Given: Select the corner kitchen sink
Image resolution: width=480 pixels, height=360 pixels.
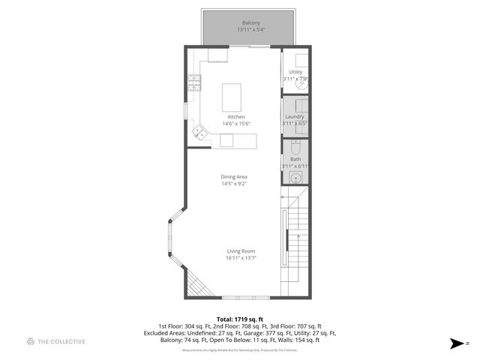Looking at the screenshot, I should coord(200,133).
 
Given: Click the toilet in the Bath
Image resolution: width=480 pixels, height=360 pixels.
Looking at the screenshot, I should coord(296,147).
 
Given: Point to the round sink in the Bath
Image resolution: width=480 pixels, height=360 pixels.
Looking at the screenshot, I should coord(297,178).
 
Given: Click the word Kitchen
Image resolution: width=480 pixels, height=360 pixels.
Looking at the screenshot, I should coord(236,117).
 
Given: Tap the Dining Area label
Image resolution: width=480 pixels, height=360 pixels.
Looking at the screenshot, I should coord(234,177).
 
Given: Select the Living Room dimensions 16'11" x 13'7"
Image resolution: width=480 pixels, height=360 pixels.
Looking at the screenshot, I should coord(241,258).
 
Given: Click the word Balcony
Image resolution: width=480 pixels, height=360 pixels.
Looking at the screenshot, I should coord(250,22).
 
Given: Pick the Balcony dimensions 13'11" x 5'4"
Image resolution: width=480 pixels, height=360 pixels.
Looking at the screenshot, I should coord(250,29).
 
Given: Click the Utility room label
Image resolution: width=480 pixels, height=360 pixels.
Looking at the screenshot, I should coord(295,72).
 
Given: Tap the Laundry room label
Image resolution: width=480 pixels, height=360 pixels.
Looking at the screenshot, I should coord(295,116).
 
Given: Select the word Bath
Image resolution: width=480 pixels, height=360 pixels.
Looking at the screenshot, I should coord(295,159).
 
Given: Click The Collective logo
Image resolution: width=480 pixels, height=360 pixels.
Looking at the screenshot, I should coord(56,341).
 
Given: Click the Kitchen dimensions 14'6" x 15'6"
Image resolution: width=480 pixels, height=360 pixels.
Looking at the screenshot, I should coord(236,124).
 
